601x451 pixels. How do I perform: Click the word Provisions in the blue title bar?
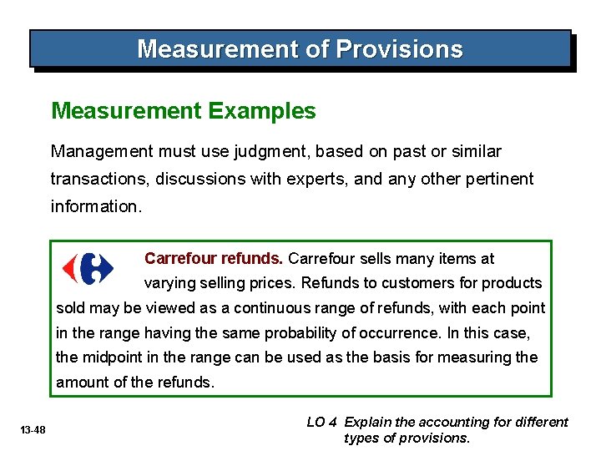pyautogui.click(x=399, y=49)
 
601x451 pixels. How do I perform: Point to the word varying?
pyautogui.click(x=169, y=283)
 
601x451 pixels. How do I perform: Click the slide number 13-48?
pyautogui.click(x=33, y=430)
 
